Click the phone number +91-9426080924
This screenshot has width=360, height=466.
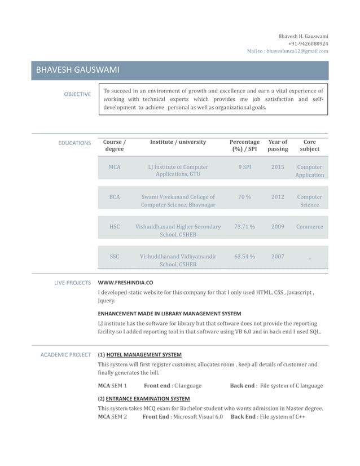[x=308, y=43]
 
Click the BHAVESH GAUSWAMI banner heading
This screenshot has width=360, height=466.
[x=77, y=71]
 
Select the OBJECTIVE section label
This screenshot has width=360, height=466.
[x=77, y=94]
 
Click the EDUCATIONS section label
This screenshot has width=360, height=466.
[x=74, y=143]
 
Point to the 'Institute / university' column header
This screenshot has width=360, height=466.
[x=178, y=142]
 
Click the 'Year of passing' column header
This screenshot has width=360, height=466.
[x=278, y=146]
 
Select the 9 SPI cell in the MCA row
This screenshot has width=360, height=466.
[x=244, y=167]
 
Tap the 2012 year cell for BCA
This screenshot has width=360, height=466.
[x=278, y=197]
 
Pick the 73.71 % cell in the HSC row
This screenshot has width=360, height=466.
[x=244, y=227]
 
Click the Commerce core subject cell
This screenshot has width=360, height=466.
[x=309, y=227]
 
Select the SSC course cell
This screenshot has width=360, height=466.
[x=115, y=257]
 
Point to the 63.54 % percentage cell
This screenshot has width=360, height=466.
[x=244, y=257]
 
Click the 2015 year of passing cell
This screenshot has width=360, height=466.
[x=278, y=167]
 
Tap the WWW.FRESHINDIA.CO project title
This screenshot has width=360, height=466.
[x=125, y=283]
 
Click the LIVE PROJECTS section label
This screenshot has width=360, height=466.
[x=72, y=283]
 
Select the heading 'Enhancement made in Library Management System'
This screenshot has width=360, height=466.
[x=169, y=313]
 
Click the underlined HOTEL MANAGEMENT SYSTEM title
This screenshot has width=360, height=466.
[x=144, y=355]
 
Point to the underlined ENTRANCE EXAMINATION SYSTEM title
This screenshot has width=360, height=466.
[x=148, y=399]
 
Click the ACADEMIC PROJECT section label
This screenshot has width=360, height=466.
[x=66, y=355]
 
